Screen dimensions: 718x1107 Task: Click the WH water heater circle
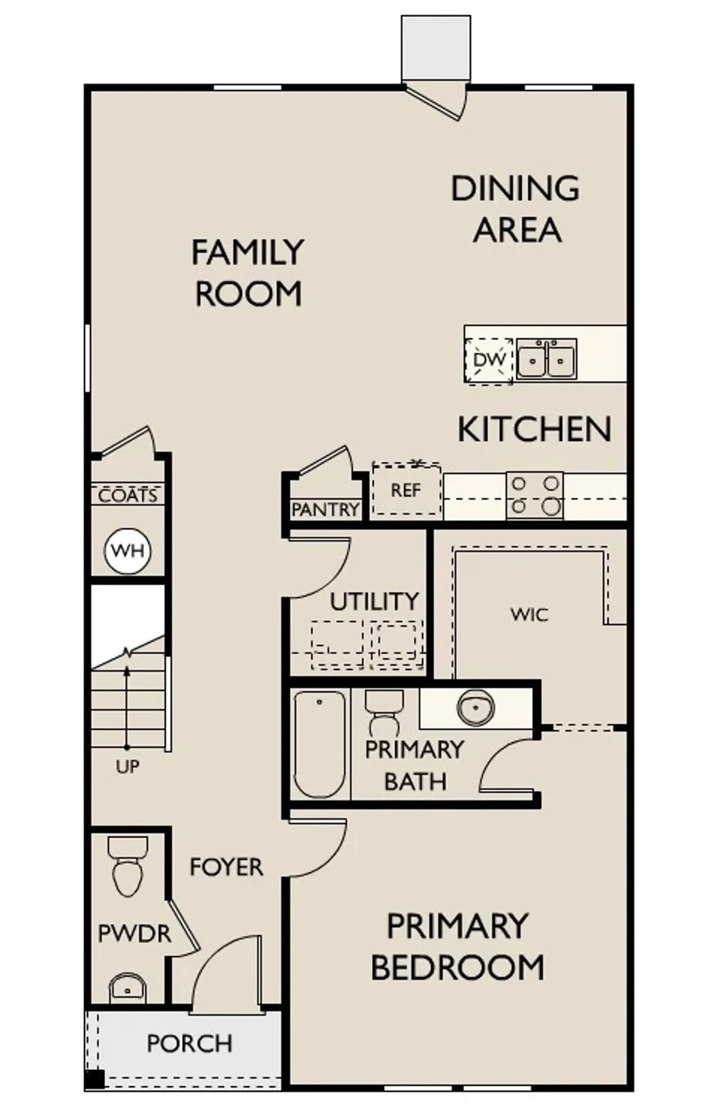tap(127, 551)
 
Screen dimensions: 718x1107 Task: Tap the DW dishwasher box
tap(489, 361)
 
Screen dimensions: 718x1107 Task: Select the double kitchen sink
tap(546, 358)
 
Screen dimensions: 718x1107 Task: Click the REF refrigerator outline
tap(406, 489)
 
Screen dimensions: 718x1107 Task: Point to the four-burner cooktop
tap(534, 495)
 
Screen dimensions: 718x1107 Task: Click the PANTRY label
tap(325, 510)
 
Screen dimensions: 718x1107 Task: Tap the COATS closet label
tap(128, 495)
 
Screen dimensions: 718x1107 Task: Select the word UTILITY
tap(374, 602)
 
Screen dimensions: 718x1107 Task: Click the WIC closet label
tap(529, 615)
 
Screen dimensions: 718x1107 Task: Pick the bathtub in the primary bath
tap(319, 744)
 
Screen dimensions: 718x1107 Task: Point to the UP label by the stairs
tap(127, 766)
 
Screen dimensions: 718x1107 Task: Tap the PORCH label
tap(189, 1044)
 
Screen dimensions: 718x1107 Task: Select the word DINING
tap(515, 188)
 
